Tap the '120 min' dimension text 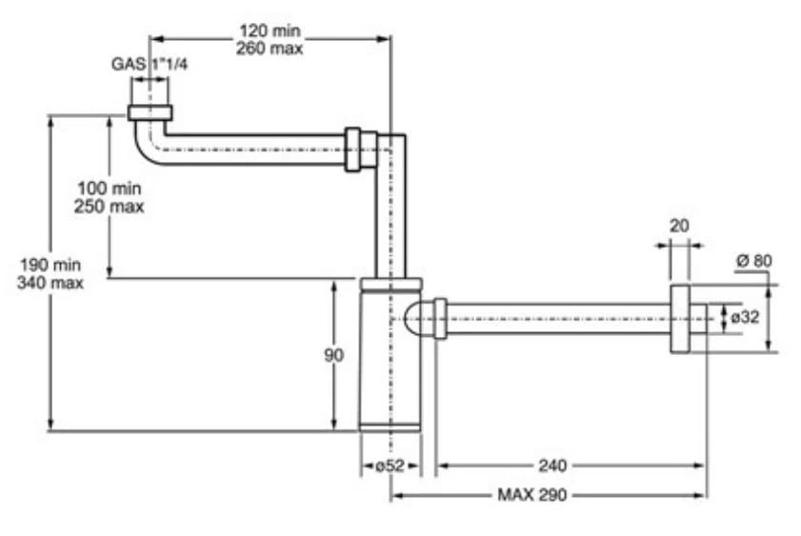pyautogui.click(x=270, y=30)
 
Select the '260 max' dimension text pyautogui.click(x=270, y=48)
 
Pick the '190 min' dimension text pyautogui.click(x=50, y=265)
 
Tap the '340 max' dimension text pyautogui.click(x=50, y=283)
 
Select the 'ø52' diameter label pyautogui.click(x=390, y=466)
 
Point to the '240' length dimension pyautogui.click(x=551, y=466)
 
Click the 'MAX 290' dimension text pyautogui.click(x=533, y=495)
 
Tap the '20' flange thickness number pyautogui.click(x=680, y=226)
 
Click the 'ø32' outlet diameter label pyautogui.click(x=744, y=317)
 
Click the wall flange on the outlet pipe pyautogui.click(x=680, y=318)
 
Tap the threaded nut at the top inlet pyautogui.click(x=150, y=113)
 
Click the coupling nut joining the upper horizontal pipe pyautogui.click(x=355, y=149)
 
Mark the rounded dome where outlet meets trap pyautogui.click(x=417, y=318)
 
